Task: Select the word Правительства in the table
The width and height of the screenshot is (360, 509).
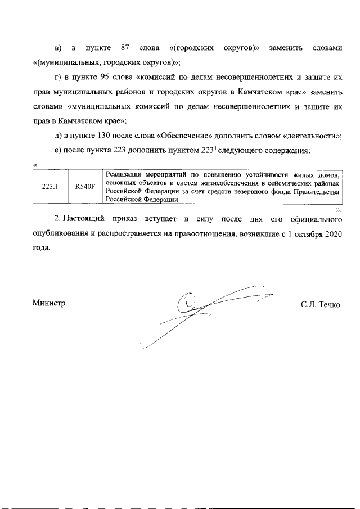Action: coord(317,191)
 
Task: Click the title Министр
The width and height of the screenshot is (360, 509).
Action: coord(49,303)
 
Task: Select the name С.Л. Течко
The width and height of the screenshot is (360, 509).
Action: coord(321,304)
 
